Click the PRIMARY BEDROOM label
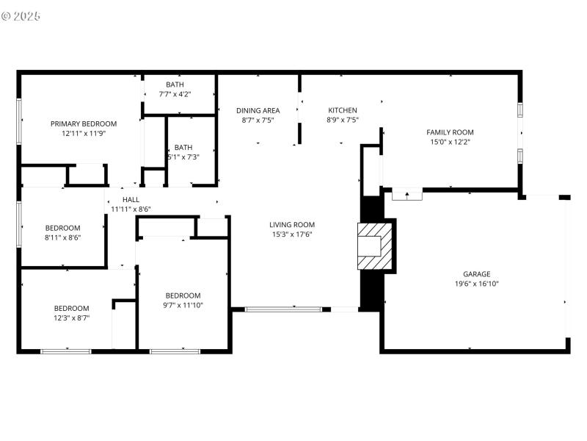[83, 123]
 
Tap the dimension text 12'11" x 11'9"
[83, 134]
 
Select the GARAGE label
[476, 274]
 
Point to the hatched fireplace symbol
[374, 246]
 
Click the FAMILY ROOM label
[450, 132]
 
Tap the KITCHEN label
[342, 110]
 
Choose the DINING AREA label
[258, 110]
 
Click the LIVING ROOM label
[291, 225]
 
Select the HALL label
[131, 199]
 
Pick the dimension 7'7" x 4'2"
[175, 94]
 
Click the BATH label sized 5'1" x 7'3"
[183, 147]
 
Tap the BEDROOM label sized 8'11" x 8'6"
[62, 228]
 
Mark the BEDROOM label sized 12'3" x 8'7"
[71, 308]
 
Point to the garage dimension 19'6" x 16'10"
[476, 284]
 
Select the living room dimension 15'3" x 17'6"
[291, 235]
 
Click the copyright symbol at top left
[7, 15]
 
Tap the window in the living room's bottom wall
[283, 309]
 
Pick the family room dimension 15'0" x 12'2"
[450, 142]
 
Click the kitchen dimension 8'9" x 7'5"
[342, 120]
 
